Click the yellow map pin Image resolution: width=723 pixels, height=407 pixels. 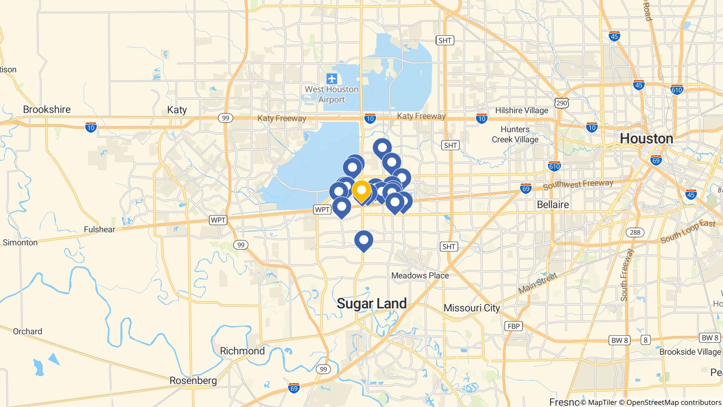click(361, 191)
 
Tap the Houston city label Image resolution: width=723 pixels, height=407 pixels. click(646, 139)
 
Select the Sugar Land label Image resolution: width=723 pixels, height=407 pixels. click(372, 303)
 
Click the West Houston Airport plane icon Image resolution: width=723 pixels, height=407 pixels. click(331, 78)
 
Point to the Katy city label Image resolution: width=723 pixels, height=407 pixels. click(177, 110)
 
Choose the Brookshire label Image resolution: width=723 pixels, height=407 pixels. click(47, 110)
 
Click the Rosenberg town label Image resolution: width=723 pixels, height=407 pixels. click(193, 381)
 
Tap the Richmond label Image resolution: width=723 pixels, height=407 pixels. click(242, 351)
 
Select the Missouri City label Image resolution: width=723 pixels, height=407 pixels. click(472, 308)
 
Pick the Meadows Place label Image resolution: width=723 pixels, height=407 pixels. click(420, 276)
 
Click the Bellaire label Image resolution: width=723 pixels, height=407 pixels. click(553, 205)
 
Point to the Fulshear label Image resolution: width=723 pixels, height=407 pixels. click(100, 230)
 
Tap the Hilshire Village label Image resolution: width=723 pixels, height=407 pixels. click(521, 111)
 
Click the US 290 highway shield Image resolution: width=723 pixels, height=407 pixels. click(561, 103)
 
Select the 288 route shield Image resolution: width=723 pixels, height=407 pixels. click(635, 232)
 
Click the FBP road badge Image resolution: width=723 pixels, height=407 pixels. click(514, 326)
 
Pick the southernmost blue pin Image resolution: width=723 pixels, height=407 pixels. click(364, 240)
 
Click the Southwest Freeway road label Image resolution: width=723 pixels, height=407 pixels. click(578, 184)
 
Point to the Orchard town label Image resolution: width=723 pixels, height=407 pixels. click(28, 331)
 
